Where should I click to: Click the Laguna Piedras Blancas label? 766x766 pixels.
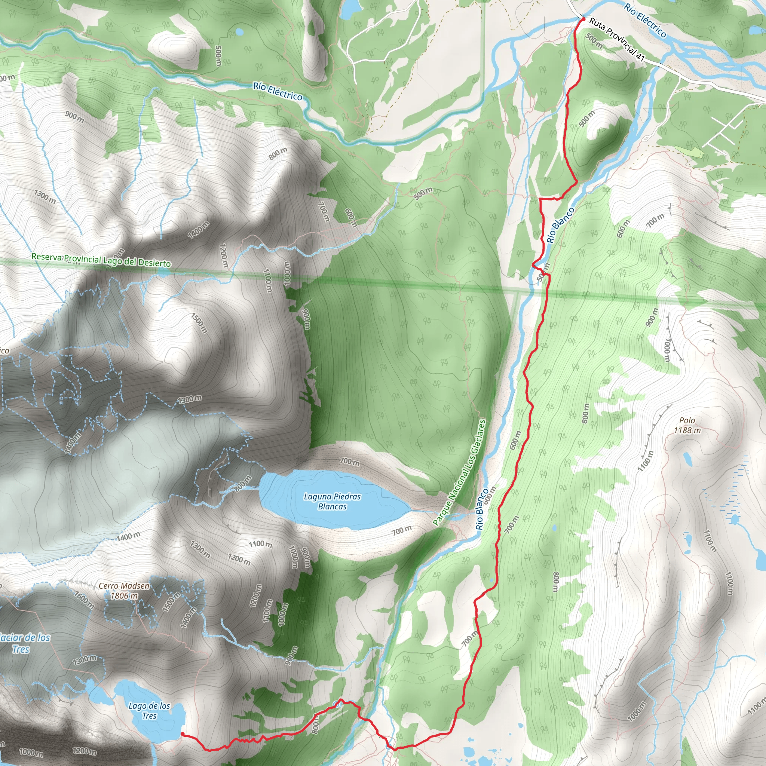pos(332,501)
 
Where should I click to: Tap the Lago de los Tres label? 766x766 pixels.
pos(149,711)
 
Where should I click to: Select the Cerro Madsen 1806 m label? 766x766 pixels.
pos(124,590)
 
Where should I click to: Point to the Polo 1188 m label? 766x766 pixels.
pos(687,425)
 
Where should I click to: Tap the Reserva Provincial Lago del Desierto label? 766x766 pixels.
pos(101,260)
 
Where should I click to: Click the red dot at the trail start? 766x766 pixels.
pos(583,19)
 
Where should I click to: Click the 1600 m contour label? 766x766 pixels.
pos(84,600)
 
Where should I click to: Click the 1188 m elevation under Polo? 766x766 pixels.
pos(687,430)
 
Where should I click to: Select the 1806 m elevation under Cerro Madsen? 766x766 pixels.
pos(124,595)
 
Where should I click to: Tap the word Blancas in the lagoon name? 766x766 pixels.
pos(332,506)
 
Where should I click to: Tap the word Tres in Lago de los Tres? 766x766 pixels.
pos(149,716)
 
